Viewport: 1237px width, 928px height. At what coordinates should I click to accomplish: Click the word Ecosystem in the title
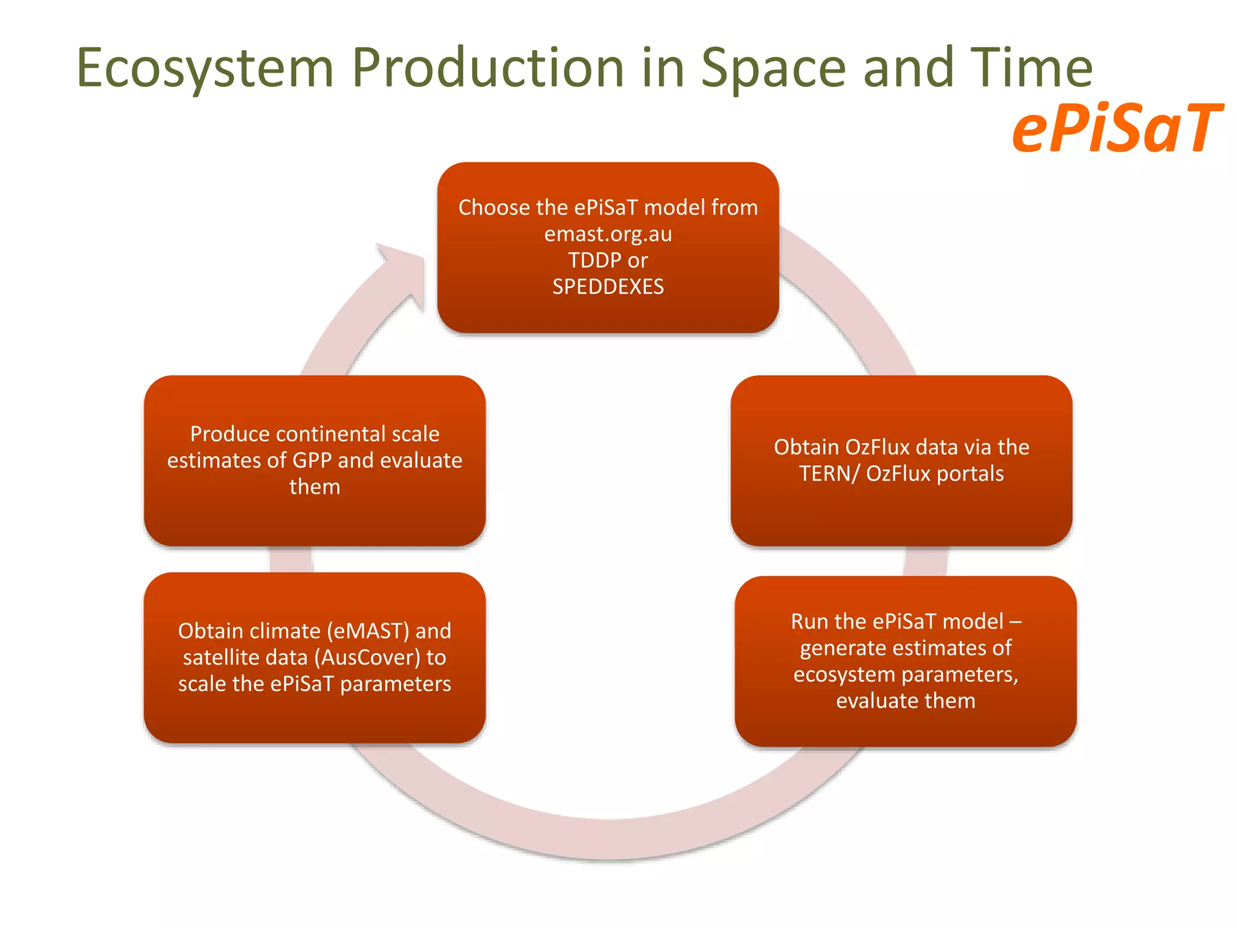coord(205,68)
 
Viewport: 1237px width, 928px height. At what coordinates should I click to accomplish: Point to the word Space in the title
coord(773,68)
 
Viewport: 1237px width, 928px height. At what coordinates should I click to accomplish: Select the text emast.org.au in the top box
coord(608,234)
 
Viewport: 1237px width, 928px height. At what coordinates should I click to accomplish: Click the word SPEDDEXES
coord(608,286)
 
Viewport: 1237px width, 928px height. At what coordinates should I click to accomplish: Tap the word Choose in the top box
coord(493,208)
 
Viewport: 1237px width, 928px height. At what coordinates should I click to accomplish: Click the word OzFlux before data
coord(884,447)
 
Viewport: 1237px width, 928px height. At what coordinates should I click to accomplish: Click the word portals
coord(969,474)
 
